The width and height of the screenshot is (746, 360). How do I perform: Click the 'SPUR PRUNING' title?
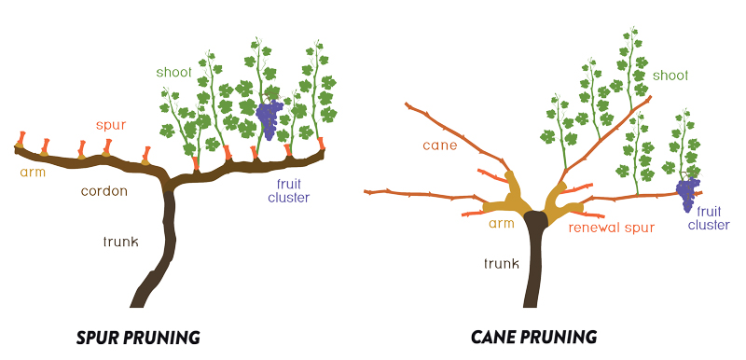tap(137, 337)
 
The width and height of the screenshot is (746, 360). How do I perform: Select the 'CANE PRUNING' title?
tap(533, 337)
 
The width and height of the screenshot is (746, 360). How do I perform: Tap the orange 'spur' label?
tap(110, 124)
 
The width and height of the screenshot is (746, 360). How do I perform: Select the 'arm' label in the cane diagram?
tap(503, 224)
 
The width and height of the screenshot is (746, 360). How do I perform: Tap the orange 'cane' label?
tap(438, 145)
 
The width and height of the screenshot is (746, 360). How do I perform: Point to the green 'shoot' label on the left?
tap(174, 72)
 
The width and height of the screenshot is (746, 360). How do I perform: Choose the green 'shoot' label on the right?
tap(670, 75)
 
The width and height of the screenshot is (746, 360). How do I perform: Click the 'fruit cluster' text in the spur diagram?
tap(289, 190)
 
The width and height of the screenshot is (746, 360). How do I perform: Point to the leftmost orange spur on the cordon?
tap(21, 142)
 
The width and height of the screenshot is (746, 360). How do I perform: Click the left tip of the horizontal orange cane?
tap(366, 192)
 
